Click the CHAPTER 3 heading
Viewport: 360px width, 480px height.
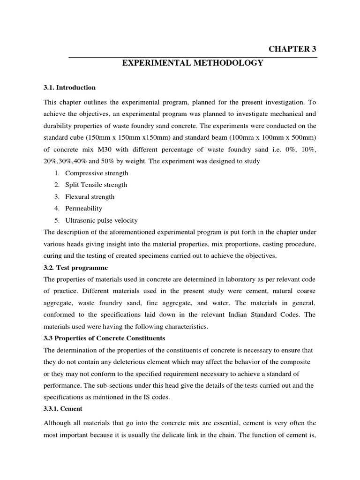292,49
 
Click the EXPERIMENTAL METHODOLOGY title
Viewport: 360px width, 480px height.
193,63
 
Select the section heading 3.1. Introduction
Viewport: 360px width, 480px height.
69,88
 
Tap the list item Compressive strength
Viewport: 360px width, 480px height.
97,173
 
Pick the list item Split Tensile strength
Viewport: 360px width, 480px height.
96,185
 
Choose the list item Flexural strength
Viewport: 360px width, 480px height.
90,197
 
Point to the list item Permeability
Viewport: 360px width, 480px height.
83,209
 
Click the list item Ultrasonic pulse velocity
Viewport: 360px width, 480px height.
101,220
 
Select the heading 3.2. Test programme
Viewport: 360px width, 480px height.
75,268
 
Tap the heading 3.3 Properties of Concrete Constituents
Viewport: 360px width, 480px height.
105,338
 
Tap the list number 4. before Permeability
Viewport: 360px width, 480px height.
57,209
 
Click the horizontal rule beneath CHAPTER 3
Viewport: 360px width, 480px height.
193,57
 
